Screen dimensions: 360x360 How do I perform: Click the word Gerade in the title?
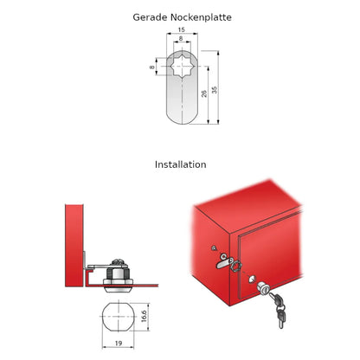click(150, 17)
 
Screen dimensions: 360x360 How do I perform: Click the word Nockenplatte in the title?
click(201, 17)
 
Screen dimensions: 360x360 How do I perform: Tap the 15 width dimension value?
click(181, 29)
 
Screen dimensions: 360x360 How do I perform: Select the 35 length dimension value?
click(215, 90)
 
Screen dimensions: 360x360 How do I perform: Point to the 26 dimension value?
click(204, 93)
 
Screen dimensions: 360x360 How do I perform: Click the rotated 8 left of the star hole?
click(152, 67)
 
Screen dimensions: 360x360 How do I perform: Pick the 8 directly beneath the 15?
click(181, 38)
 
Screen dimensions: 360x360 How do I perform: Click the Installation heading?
click(181, 164)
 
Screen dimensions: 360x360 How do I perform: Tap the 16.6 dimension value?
click(144, 316)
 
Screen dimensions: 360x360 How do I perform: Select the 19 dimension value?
click(119, 344)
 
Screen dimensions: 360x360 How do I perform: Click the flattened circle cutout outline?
click(102, 317)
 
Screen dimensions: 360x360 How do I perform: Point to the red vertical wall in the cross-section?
click(74, 246)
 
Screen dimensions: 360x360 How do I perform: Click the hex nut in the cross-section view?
click(118, 273)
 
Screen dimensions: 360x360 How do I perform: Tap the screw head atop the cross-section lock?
click(119, 262)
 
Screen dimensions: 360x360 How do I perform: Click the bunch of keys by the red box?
click(278, 309)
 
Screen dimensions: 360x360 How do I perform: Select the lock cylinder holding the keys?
click(264, 289)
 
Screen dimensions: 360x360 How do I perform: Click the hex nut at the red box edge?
click(236, 266)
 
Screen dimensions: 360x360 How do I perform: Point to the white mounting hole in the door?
click(252, 279)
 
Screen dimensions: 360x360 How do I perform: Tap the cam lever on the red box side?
click(225, 262)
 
